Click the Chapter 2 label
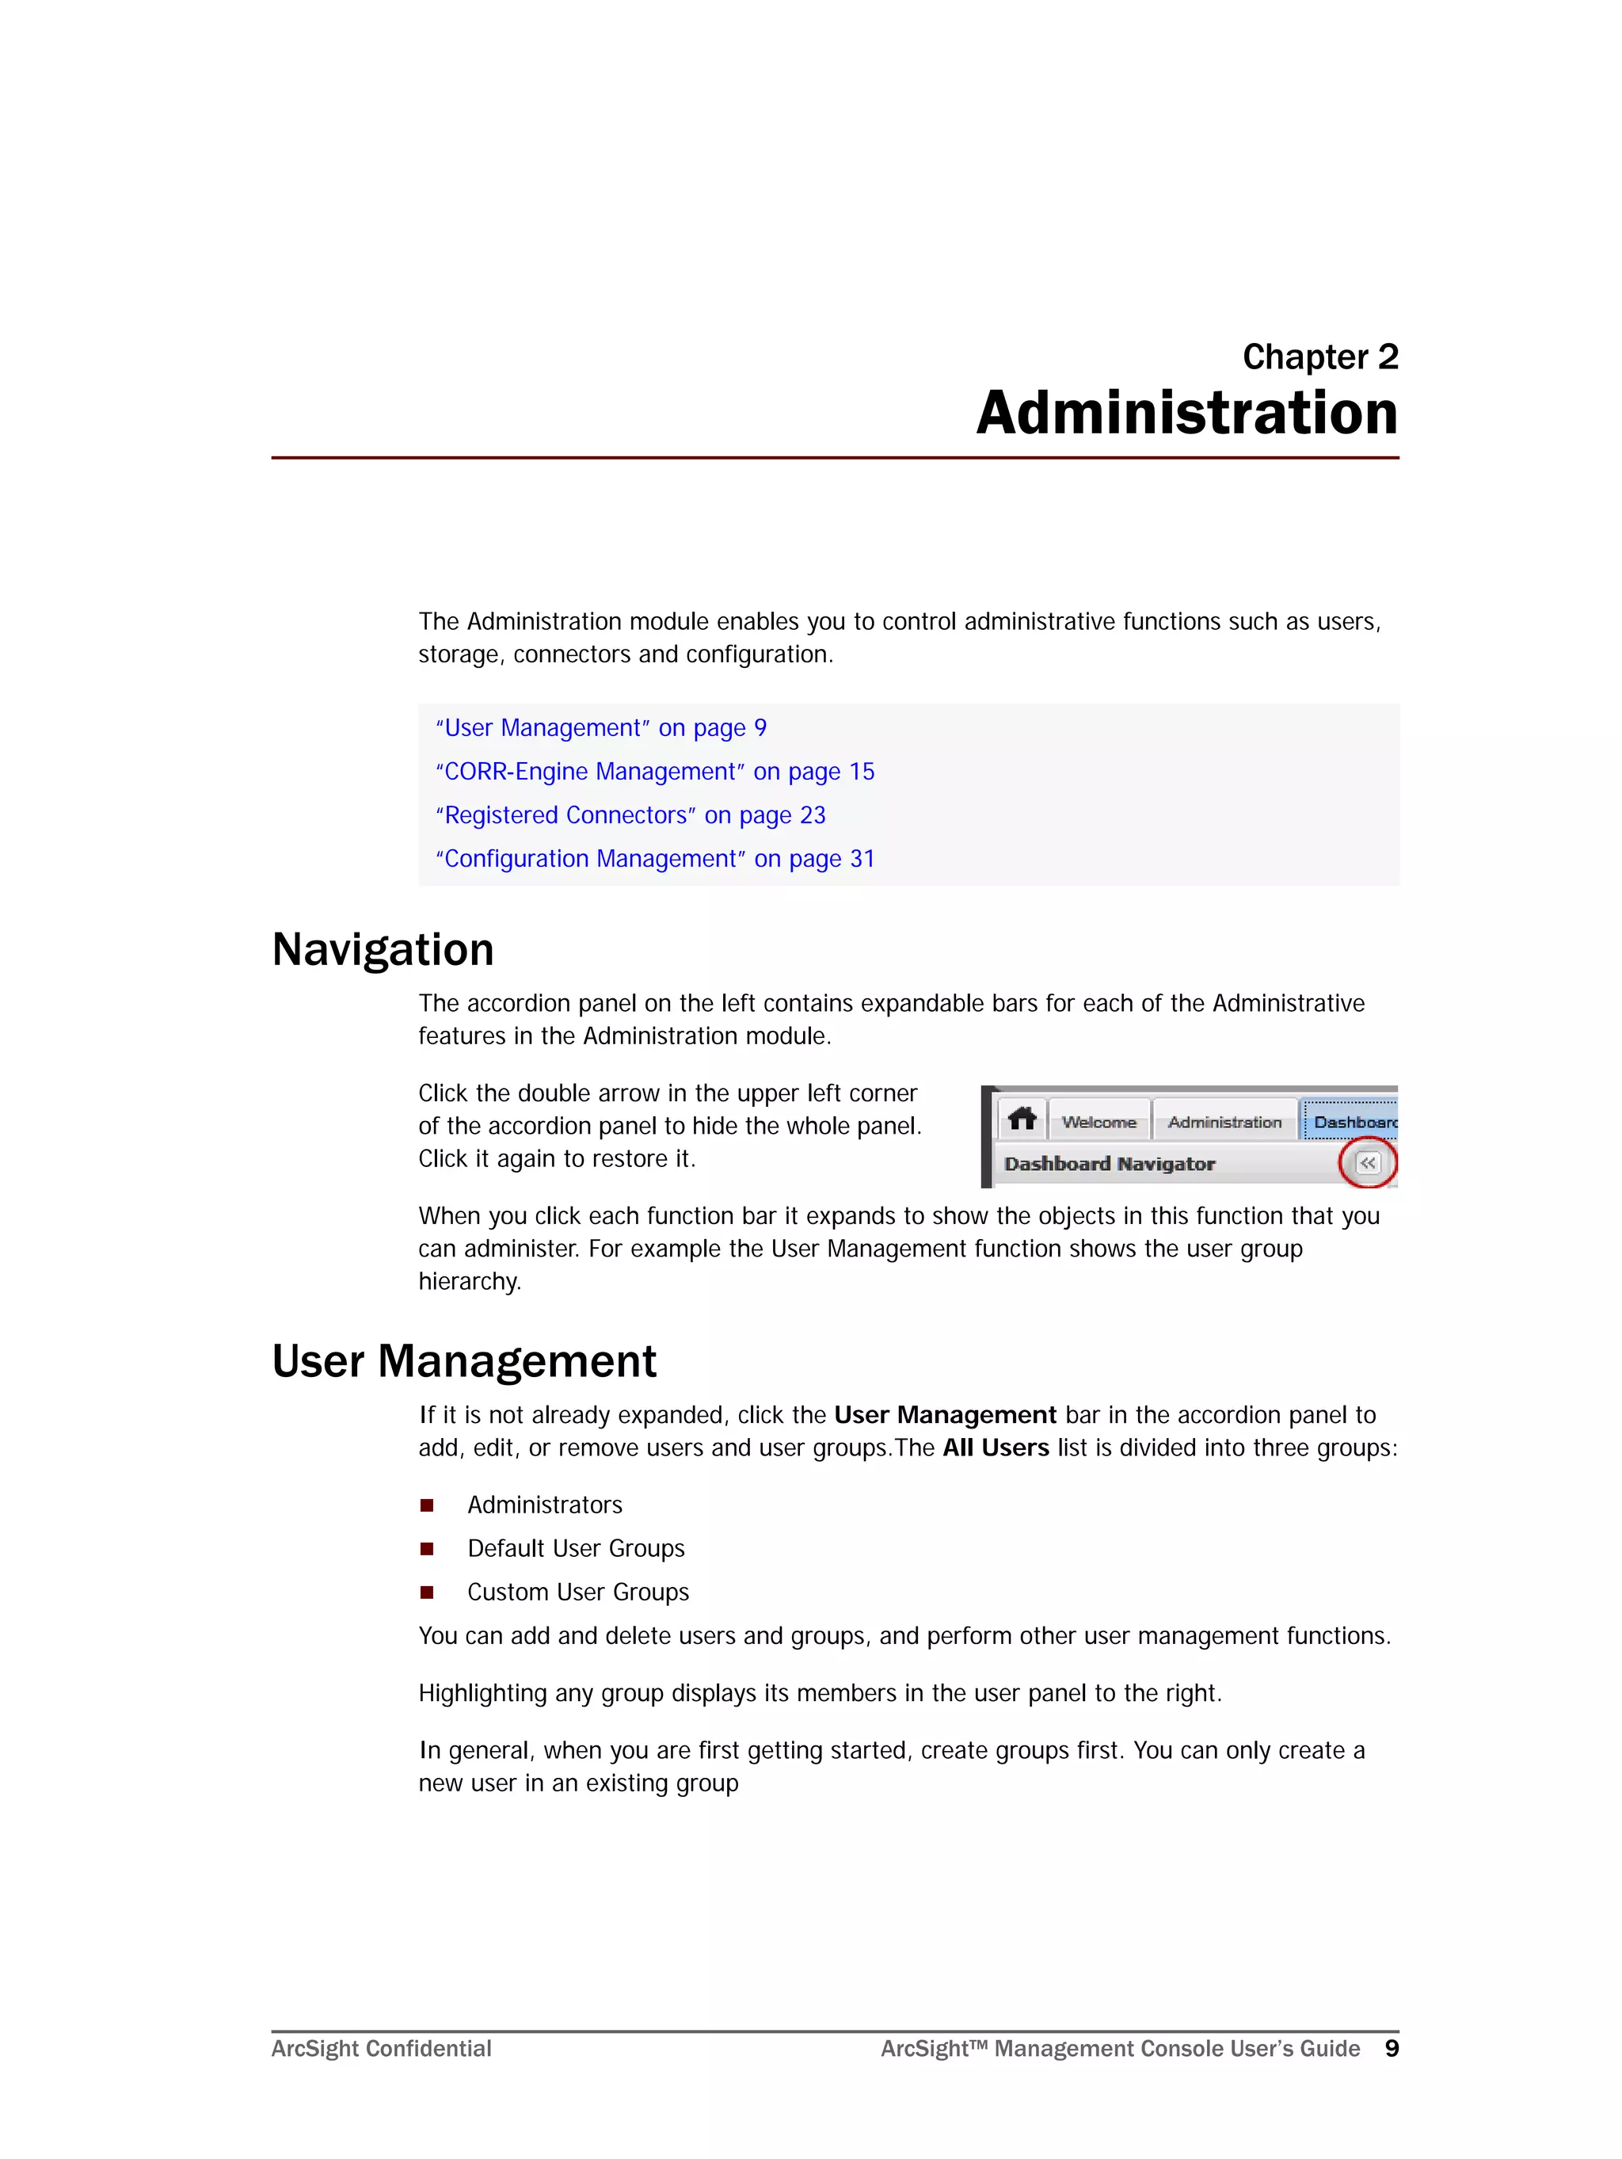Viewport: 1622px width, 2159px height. pos(1319,357)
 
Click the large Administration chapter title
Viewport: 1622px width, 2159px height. pos(1186,413)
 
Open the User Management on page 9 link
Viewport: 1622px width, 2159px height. pos(601,728)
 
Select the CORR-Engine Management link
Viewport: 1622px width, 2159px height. pos(655,772)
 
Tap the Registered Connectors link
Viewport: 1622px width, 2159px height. pos(630,815)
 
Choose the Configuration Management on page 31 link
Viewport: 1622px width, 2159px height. pos(655,859)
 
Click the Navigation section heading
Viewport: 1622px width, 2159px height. pos(383,950)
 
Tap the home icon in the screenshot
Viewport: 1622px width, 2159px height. pos(1022,1119)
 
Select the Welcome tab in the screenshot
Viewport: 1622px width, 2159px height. pos(1099,1123)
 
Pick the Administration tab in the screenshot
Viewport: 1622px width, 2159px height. pos(1224,1123)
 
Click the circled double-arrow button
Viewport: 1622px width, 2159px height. pos(1367,1163)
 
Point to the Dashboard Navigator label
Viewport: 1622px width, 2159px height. pos(1109,1163)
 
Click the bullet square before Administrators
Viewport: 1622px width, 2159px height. pos(426,1505)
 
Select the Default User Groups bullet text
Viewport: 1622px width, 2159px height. pos(576,1549)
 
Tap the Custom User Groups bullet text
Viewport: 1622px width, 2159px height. pos(577,1592)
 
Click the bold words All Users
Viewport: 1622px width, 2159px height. pos(996,1448)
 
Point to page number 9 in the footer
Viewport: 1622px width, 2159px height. pos(1392,2048)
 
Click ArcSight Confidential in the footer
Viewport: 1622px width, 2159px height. pos(382,2049)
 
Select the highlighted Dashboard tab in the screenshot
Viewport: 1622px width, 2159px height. pos(1353,1123)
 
